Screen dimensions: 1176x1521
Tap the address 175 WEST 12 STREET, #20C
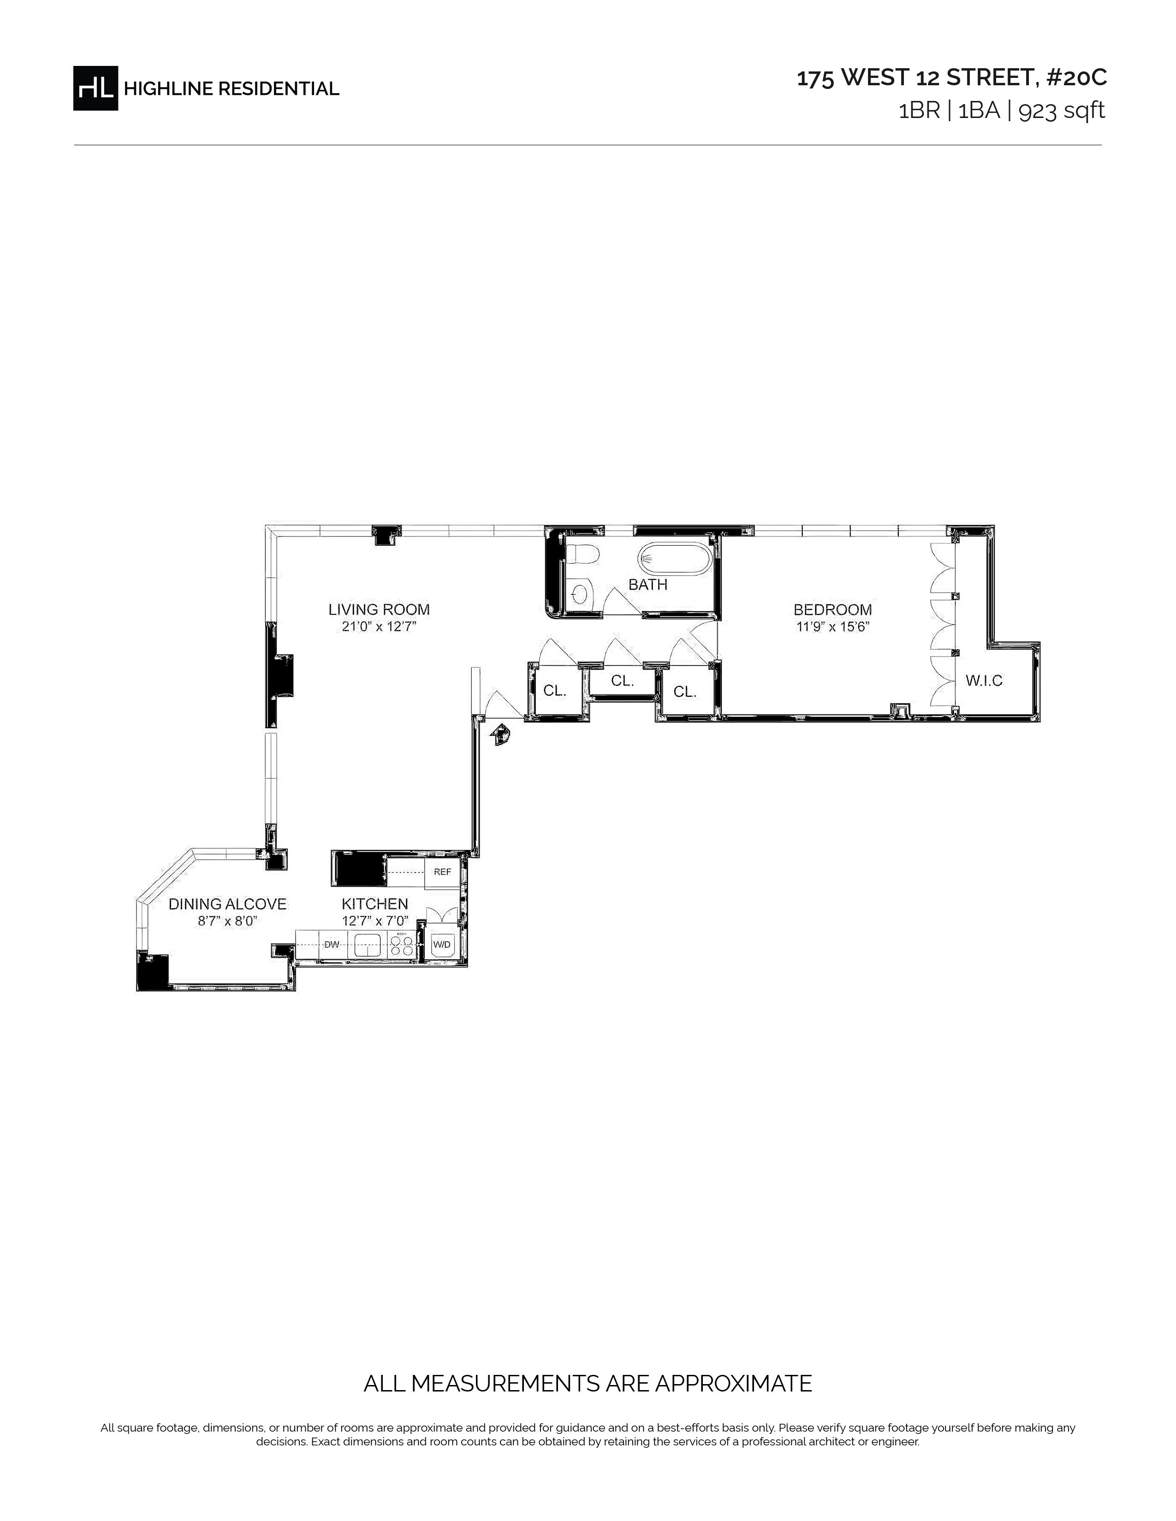tap(952, 78)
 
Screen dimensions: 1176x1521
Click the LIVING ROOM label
tap(379, 609)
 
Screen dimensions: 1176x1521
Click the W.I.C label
tap(984, 680)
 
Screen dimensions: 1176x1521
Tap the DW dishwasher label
tap(332, 945)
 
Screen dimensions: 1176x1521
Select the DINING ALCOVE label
tap(228, 904)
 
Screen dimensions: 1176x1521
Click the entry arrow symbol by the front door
tap(501, 734)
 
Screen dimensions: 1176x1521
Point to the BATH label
tap(648, 585)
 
